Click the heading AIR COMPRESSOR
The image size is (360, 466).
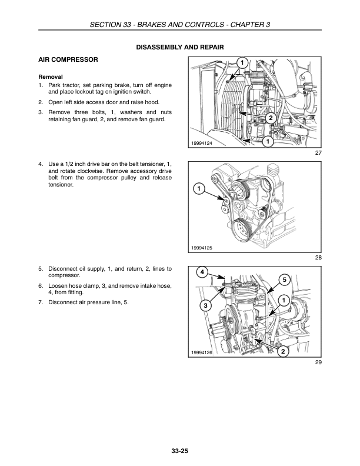[68, 60]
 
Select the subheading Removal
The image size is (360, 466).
[51, 77]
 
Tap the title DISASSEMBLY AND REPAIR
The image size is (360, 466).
[180, 46]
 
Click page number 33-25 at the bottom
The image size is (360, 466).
[180, 452]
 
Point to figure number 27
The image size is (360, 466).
[319, 154]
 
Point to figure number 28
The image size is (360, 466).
[319, 258]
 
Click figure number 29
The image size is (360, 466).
[319, 362]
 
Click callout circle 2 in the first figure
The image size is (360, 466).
[270, 119]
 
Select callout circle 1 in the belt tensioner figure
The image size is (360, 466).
[199, 189]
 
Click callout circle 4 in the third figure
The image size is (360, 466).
[202, 272]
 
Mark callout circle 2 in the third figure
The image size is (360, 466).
[283, 352]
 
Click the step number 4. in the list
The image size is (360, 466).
[41, 162]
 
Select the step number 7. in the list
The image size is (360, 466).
[41, 302]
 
